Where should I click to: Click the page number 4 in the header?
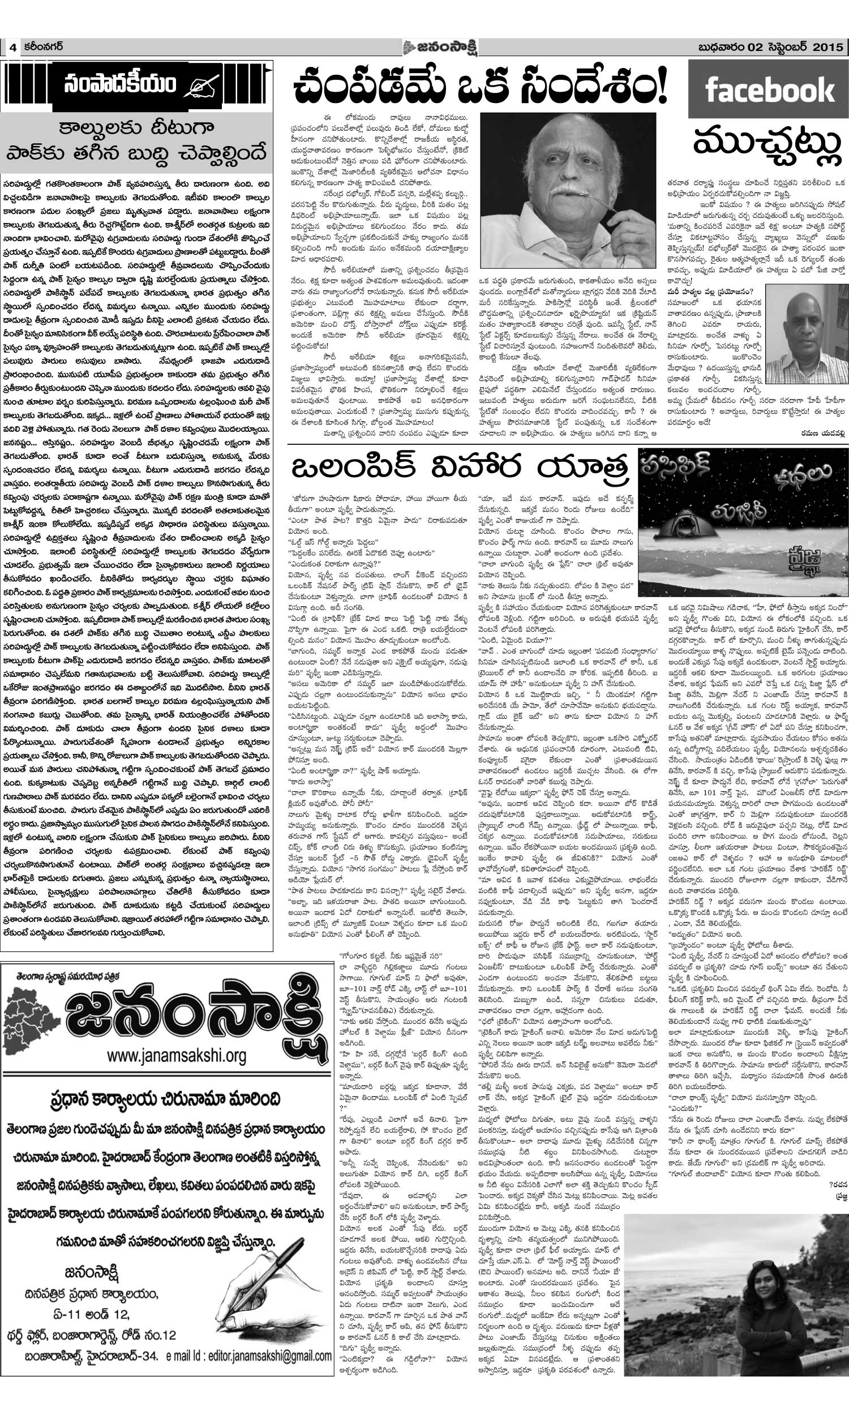(x=11, y=48)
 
